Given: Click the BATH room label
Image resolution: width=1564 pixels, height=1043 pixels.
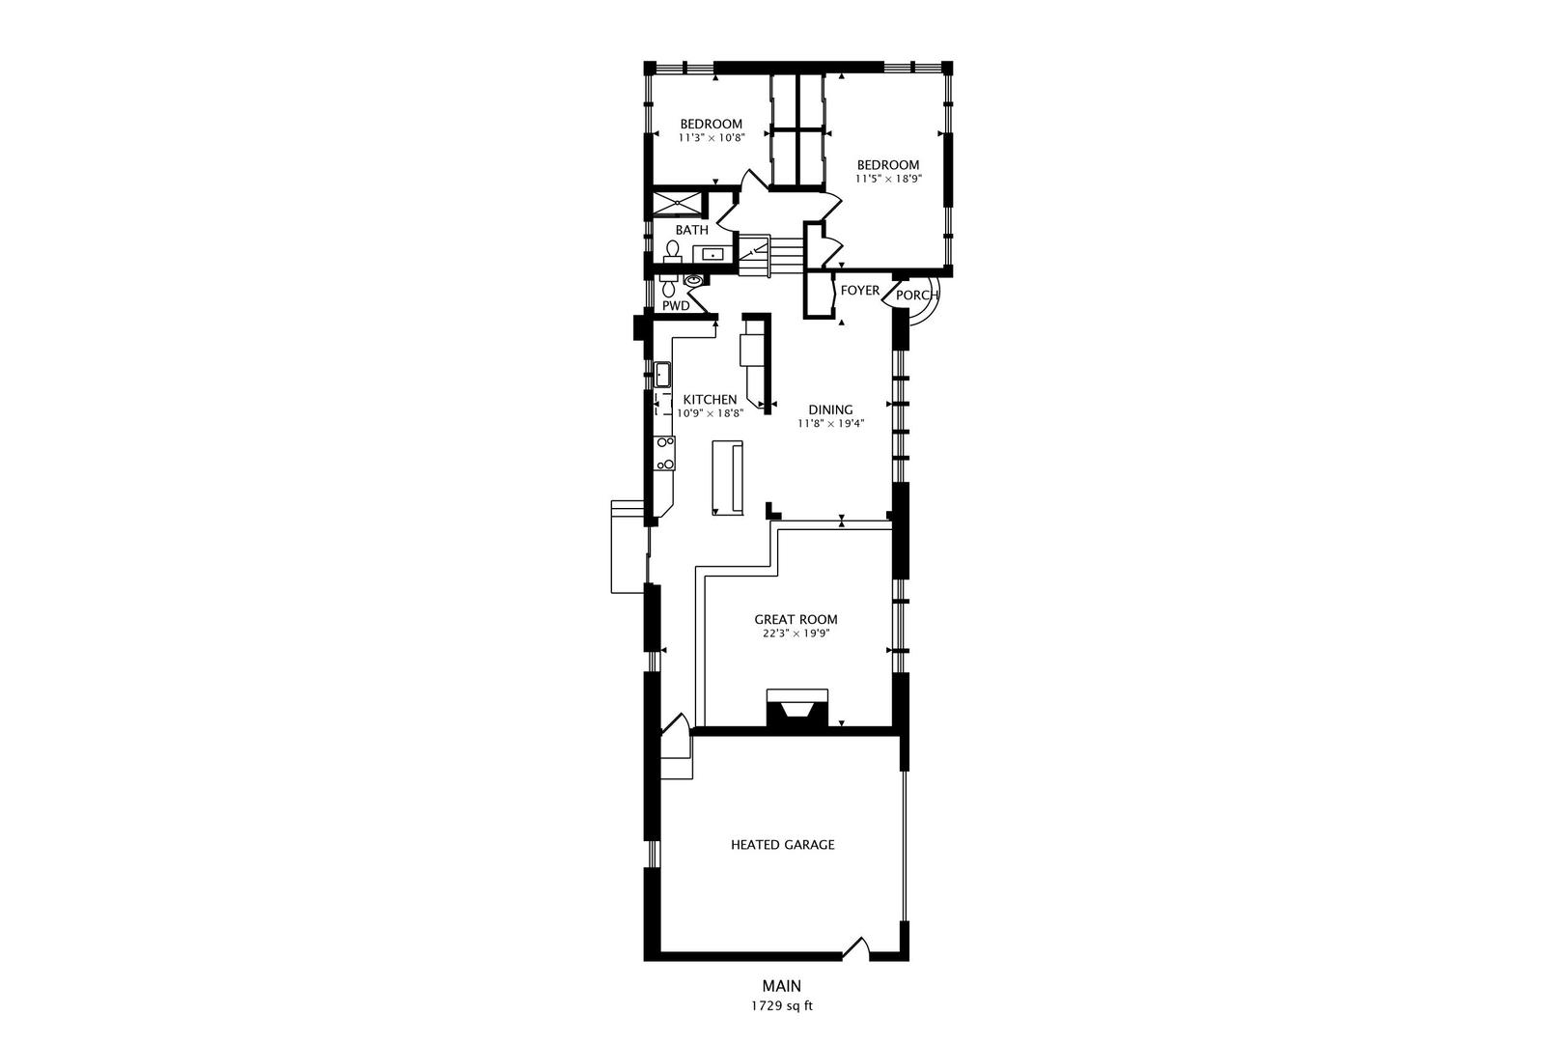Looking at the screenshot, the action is coord(691,230).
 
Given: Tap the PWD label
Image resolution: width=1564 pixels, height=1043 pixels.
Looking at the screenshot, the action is coord(676,306).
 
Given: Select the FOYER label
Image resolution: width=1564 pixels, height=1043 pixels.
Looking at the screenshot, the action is coord(860,291).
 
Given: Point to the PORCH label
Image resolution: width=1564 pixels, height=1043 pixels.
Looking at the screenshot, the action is coord(917,296).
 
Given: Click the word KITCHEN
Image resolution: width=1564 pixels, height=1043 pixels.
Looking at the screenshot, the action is coord(711,400).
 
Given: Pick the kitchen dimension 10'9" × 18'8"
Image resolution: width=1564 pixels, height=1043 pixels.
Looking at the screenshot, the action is coord(711,413).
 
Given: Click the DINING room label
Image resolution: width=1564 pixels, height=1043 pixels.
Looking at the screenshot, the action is coord(831,410).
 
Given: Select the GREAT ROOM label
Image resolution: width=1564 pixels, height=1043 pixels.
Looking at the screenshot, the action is coord(796,620).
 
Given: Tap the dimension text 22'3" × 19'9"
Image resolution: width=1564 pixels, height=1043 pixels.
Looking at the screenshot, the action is coord(796,634).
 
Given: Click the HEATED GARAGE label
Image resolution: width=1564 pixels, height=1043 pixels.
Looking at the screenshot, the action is coord(783,845).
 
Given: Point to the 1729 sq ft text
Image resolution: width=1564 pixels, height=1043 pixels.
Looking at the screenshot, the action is coord(782,1006).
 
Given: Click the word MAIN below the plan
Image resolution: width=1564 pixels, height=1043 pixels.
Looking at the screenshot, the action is coord(782,986).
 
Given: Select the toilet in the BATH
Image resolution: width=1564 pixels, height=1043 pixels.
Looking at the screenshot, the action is coord(672,251).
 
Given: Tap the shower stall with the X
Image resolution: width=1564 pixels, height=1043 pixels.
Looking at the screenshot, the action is coord(677,203).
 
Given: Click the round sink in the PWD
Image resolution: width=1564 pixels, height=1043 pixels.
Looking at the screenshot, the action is coord(692,281).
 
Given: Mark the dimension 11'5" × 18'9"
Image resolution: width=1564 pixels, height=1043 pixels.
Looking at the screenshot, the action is coord(889,179).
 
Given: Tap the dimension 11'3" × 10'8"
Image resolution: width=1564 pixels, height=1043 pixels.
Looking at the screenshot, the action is coord(712,138).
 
